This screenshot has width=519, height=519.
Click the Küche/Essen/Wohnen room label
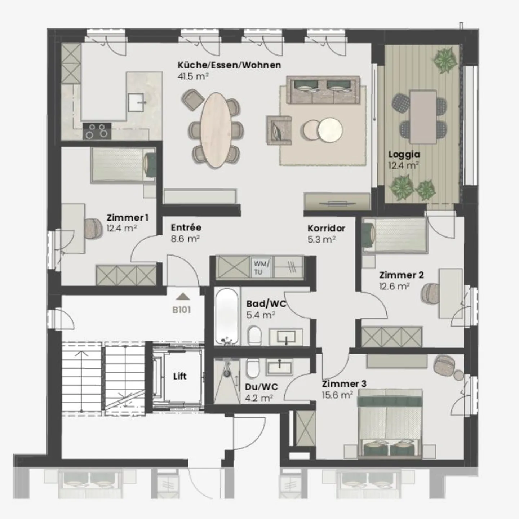(229, 65)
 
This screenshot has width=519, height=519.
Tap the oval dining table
(217, 130)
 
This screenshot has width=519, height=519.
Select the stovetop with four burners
(97, 131)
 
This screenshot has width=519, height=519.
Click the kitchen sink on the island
(136, 102)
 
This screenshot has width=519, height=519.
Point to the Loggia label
(404, 154)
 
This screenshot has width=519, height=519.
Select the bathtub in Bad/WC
(227, 316)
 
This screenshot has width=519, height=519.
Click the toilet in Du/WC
(252, 369)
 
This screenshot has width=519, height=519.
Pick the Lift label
(179, 376)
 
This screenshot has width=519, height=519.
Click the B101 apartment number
(181, 310)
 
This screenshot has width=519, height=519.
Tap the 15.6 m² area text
(337, 395)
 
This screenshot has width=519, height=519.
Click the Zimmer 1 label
(127, 218)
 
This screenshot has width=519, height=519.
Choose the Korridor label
(326, 228)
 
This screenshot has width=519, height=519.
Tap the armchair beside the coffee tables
(279, 130)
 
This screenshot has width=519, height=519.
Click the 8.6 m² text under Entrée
(185, 239)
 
